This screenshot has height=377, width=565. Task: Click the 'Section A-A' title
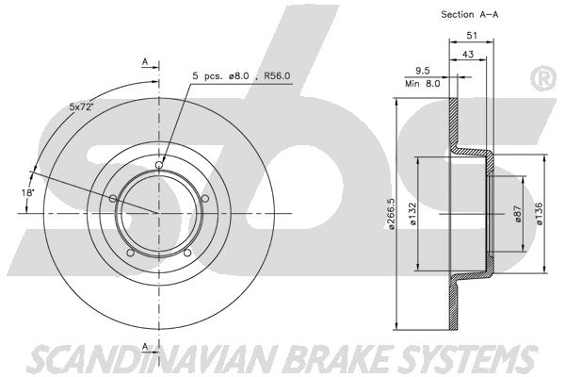pyautogui.click(x=470, y=15)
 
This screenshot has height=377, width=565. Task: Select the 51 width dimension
pyautogui.click(x=472, y=36)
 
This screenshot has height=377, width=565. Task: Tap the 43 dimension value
pyautogui.click(x=468, y=54)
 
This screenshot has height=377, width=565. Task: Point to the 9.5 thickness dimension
pyautogui.click(x=422, y=71)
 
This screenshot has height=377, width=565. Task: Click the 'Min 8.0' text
pyautogui.click(x=422, y=84)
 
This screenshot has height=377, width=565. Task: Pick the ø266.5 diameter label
pyautogui.click(x=392, y=214)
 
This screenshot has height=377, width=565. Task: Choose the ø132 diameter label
pyautogui.click(x=412, y=214)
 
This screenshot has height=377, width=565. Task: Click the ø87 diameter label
pyautogui.click(x=518, y=214)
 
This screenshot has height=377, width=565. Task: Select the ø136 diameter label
pyautogui.click(x=540, y=214)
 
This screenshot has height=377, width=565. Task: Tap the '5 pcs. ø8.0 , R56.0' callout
pyautogui.click(x=241, y=76)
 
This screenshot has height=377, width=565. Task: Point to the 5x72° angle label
pyautogui.click(x=81, y=107)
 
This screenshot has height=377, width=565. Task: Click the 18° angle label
pyautogui.click(x=27, y=192)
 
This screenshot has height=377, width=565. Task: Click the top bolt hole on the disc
pyautogui.click(x=159, y=165)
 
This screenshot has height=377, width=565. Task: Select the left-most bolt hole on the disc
pyautogui.click(x=113, y=199)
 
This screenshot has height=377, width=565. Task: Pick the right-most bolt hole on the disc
pyautogui.click(x=205, y=199)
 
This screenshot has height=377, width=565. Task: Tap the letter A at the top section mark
pyautogui.click(x=145, y=62)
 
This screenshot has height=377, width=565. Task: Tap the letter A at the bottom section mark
pyautogui.click(x=145, y=347)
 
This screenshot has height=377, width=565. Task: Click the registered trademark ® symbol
pyautogui.click(x=543, y=78)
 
